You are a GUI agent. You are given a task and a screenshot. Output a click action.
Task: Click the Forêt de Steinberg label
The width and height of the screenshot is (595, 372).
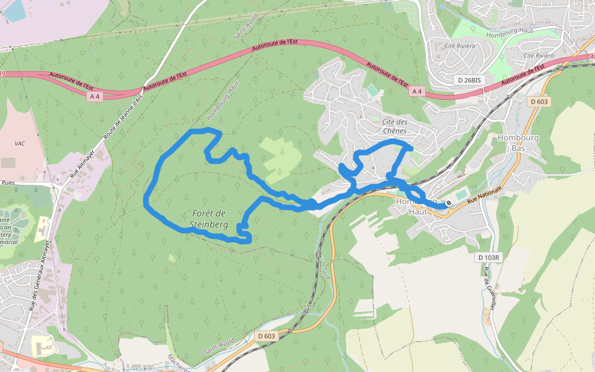click(209, 218)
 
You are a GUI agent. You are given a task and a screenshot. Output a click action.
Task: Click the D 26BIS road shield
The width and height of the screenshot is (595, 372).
click(469, 80)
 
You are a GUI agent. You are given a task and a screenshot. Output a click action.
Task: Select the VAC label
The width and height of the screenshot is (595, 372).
click(20, 143)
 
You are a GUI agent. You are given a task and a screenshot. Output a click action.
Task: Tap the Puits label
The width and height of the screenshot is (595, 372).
click(7, 183)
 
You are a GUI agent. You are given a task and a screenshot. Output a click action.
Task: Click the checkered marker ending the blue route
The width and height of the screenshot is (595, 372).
click(449, 203)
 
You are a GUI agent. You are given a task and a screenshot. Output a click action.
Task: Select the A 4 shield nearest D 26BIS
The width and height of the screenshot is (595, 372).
click(417, 92)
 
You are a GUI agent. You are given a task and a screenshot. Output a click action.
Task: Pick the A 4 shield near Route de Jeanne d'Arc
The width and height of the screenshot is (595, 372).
click(95, 96)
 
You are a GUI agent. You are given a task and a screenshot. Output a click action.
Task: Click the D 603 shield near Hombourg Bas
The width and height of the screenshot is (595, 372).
click(539, 102)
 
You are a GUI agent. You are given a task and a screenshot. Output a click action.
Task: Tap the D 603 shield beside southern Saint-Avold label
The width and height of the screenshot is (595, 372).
click(265, 336)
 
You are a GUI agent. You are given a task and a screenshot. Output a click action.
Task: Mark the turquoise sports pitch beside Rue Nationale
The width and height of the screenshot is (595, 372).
click(461, 195)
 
